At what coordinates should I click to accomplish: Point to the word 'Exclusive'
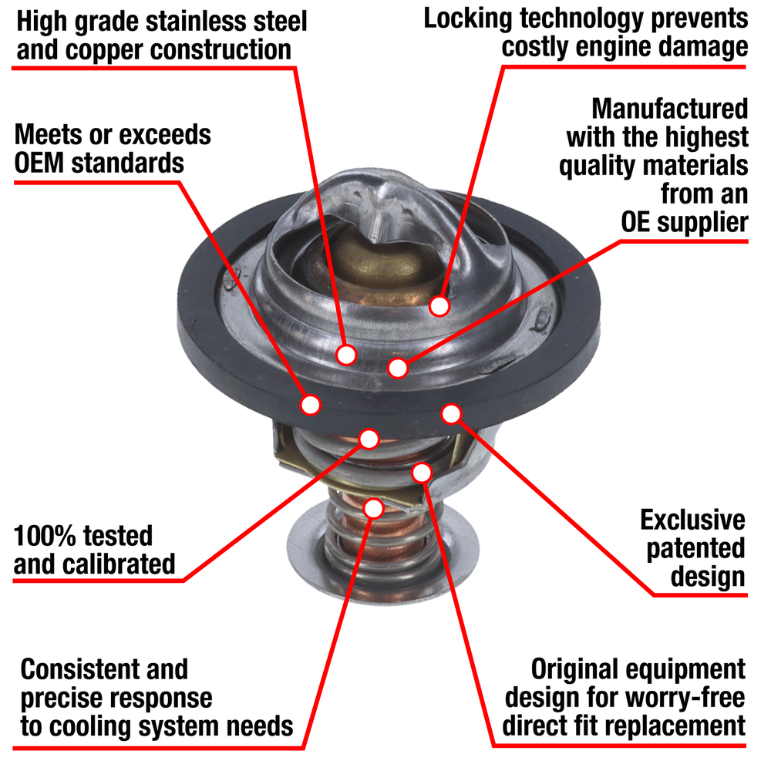point(693,520)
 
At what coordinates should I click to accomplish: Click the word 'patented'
point(696,548)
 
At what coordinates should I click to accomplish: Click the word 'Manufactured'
point(669,109)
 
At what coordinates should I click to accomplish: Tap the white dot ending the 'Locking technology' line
point(439,307)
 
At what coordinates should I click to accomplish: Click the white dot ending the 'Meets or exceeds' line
point(311,404)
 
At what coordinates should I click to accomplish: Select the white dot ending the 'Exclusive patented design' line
point(451,414)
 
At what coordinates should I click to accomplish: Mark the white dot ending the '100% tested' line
point(369,439)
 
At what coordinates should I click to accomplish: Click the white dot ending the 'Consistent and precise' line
point(373,507)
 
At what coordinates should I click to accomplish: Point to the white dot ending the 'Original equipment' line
point(423,471)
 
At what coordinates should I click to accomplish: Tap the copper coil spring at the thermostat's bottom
point(362,540)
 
